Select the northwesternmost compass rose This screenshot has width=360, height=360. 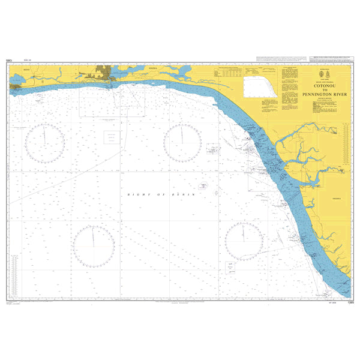pos(44,143)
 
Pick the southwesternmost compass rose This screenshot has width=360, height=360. pos(94,246)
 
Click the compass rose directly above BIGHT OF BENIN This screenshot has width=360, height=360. pos(182,143)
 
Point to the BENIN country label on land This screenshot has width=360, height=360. pos(26,70)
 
